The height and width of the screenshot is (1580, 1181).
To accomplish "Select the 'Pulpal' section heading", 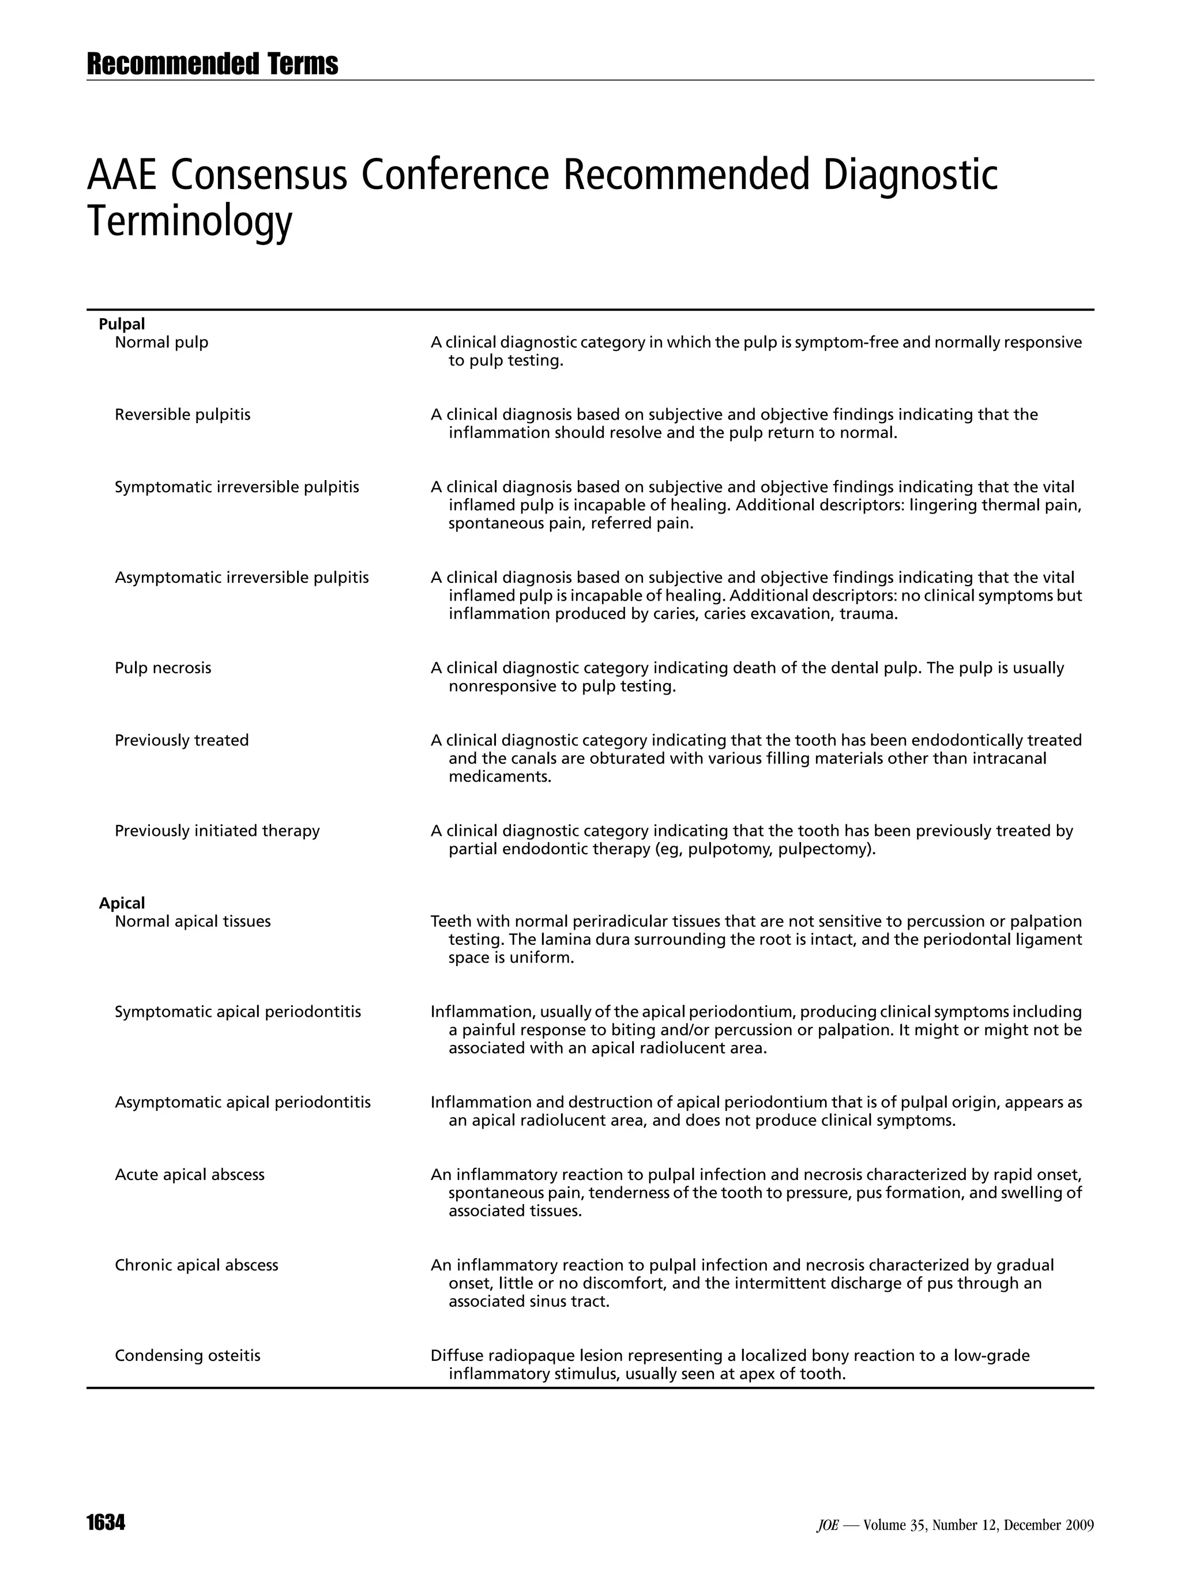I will tap(122, 325).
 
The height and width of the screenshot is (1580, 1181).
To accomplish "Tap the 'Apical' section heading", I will tap(122, 903).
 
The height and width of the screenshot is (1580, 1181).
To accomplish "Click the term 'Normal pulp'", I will tap(161, 342).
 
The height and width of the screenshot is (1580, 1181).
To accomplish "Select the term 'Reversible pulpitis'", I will tap(182, 414).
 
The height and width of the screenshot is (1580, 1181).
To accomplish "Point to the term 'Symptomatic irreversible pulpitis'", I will tap(236, 487).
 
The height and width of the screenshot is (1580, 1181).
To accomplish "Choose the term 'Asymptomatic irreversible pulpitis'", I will tap(242, 577).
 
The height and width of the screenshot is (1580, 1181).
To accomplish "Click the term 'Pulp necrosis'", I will tap(163, 668).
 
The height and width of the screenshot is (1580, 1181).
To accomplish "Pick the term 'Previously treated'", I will tap(182, 740).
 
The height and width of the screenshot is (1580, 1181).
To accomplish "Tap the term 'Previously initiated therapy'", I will tap(217, 831).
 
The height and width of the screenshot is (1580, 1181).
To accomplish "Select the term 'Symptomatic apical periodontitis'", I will tap(238, 1012).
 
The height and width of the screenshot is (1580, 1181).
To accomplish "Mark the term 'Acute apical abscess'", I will tap(189, 1174).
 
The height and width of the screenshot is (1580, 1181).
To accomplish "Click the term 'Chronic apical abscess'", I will tap(197, 1265).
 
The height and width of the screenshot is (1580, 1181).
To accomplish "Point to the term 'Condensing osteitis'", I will tap(187, 1355).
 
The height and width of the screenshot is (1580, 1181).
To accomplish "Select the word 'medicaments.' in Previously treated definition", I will tap(500, 776).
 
